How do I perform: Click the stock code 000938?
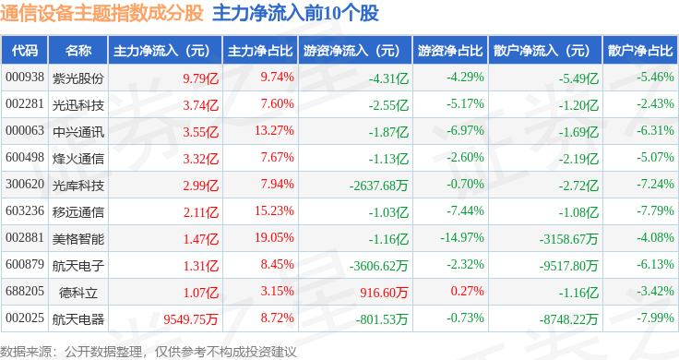[25, 78]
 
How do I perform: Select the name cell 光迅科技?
[78, 105]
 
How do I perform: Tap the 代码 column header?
[25, 51]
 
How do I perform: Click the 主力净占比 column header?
[260, 51]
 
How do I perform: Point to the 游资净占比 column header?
[450, 51]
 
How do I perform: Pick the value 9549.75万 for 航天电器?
[191, 319]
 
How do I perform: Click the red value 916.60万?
[384, 293]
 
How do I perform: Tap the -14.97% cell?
[462, 237]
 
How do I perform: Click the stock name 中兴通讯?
[78, 132]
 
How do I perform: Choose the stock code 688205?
[25, 291]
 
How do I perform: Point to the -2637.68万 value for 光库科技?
[379, 186]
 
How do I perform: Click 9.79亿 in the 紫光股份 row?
[201, 78]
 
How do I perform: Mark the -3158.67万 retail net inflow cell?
[568, 239]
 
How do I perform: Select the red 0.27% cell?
[467, 291]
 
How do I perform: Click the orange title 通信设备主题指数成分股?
[101, 13]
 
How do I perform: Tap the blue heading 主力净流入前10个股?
[296, 13]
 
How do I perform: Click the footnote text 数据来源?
[26, 352]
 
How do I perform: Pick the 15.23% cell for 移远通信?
[275, 210]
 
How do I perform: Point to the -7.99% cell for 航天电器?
[655, 318]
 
